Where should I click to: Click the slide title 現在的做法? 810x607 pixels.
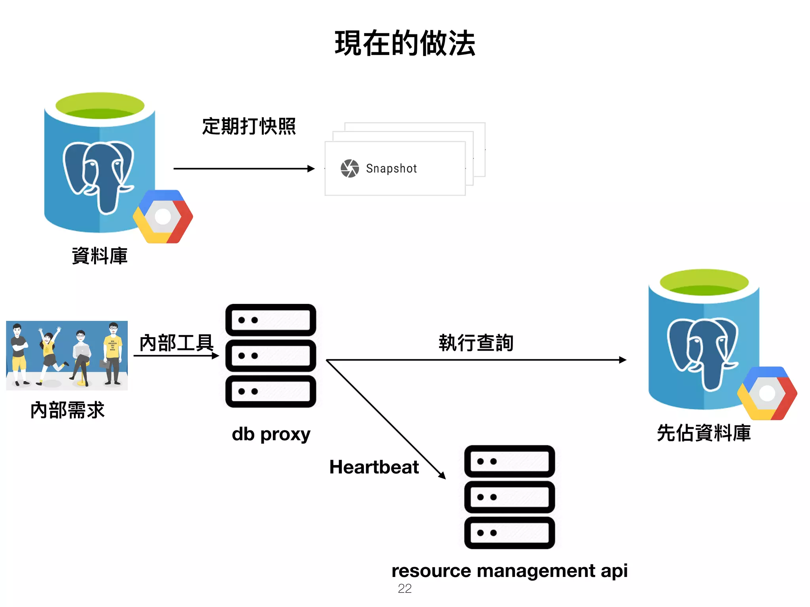[405, 43]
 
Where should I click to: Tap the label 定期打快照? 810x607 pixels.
[249, 126]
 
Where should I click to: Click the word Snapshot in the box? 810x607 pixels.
[391, 168]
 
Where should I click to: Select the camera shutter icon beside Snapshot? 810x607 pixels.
[350, 168]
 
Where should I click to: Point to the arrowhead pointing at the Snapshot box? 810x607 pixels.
[311, 169]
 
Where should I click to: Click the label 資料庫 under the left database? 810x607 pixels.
[100, 256]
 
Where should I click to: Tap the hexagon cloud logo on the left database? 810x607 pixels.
[163, 217]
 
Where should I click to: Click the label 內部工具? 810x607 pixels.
[176, 342]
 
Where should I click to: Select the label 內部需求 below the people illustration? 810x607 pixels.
[67, 410]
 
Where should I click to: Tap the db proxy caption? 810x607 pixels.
[271, 434]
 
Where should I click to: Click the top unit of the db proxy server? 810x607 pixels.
[271, 320]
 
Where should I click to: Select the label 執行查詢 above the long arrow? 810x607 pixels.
[476, 342]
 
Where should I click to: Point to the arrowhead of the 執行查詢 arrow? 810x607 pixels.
[623, 360]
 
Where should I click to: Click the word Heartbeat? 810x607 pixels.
[374, 467]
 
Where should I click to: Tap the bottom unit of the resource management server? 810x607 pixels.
[509, 533]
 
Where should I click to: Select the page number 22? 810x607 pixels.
[405, 588]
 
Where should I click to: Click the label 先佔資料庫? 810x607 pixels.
[704, 433]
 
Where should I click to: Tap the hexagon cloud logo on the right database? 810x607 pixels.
[767, 393]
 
